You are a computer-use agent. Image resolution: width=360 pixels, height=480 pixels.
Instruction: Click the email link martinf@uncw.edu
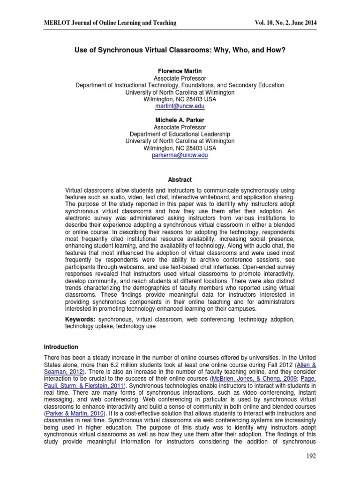click(180, 106)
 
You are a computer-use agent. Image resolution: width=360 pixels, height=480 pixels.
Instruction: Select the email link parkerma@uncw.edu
click(180, 155)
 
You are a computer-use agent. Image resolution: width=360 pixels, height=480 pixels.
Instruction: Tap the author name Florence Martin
click(180, 71)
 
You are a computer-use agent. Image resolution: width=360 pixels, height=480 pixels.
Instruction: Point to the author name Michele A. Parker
click(180, 120)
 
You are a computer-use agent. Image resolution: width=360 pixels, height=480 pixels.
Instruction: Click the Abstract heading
click(180, 180)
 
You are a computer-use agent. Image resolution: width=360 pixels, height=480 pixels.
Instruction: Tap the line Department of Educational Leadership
click(180, 134)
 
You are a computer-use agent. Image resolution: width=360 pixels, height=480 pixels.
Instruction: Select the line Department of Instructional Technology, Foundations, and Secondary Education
click(180, 85)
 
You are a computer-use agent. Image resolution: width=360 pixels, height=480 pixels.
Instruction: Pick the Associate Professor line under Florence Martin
click(180, 78)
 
